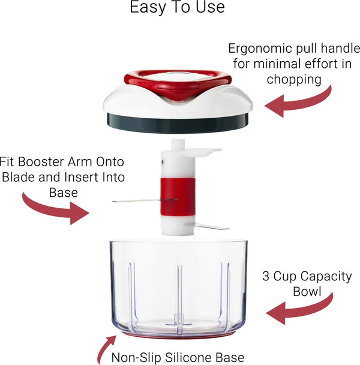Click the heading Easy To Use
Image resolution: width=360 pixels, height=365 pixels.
pos(177,8)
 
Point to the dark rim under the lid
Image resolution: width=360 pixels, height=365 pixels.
pos(178,122)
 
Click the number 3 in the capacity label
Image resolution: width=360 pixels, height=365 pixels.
pos(266,277)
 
